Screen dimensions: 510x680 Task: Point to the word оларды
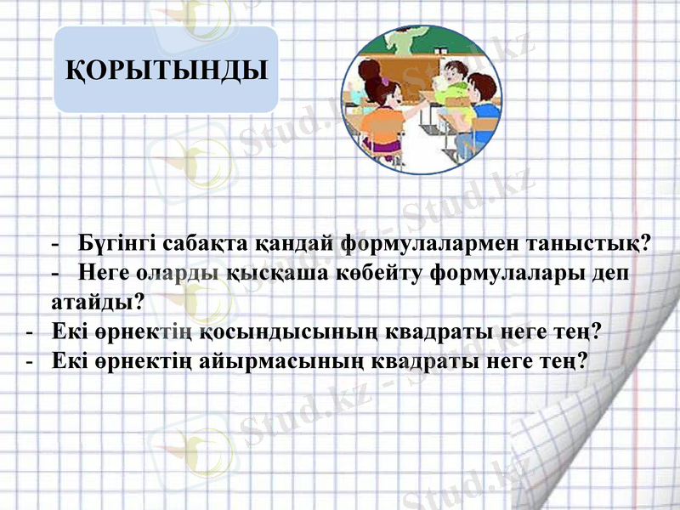(182, 274)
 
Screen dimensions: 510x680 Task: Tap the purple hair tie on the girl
(384, 82)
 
